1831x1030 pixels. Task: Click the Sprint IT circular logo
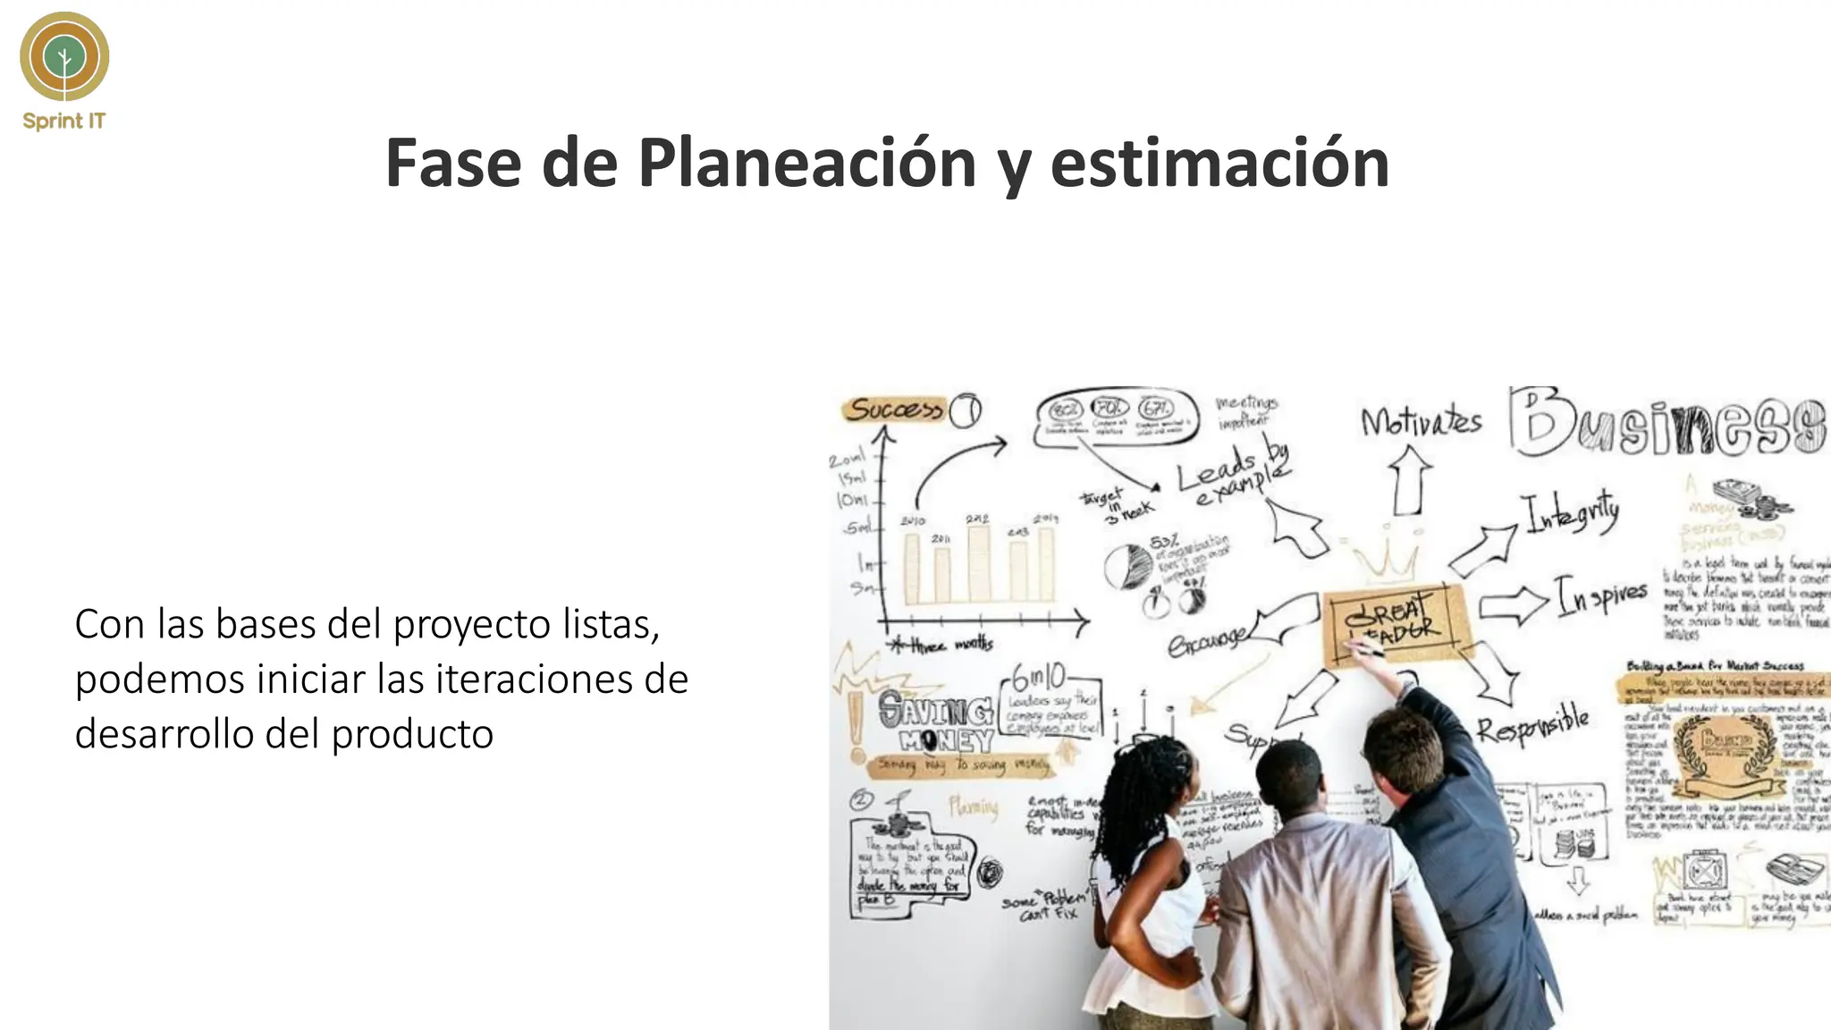tap(64, 56)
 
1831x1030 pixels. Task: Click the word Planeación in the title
tap(806, 164)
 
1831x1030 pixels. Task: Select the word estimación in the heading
tap(1219, 164)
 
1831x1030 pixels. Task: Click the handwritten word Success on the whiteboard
tap(894, 409)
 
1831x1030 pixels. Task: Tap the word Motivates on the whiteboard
tap(1421, 421)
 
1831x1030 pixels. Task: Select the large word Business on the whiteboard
tap(1667, 423)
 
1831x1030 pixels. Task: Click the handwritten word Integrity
tap(1571, 513)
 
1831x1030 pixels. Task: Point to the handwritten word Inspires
tap(1601, 595)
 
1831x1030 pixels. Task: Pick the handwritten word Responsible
tap(1531, 726)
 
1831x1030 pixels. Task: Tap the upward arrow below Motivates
tap(1409, 480)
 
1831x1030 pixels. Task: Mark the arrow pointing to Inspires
tap(1513, 605)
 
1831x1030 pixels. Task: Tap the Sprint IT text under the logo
tap(63, 121)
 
